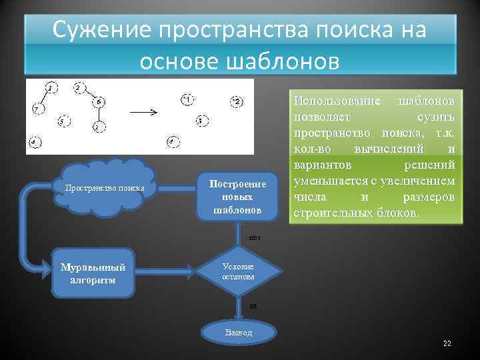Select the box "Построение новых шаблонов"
point(237,196)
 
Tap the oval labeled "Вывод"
point(238,333)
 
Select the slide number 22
point(447,343)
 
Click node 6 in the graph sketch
point(99,101)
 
